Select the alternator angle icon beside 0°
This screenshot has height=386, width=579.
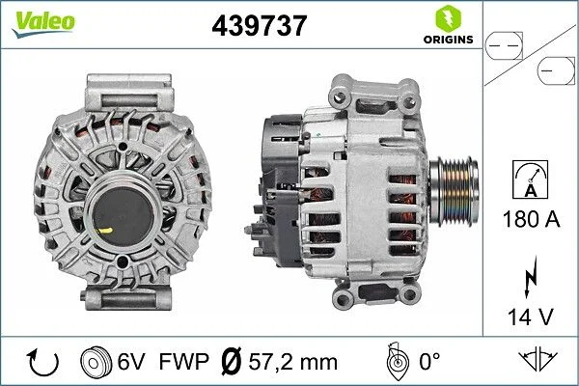pos(397,362)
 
